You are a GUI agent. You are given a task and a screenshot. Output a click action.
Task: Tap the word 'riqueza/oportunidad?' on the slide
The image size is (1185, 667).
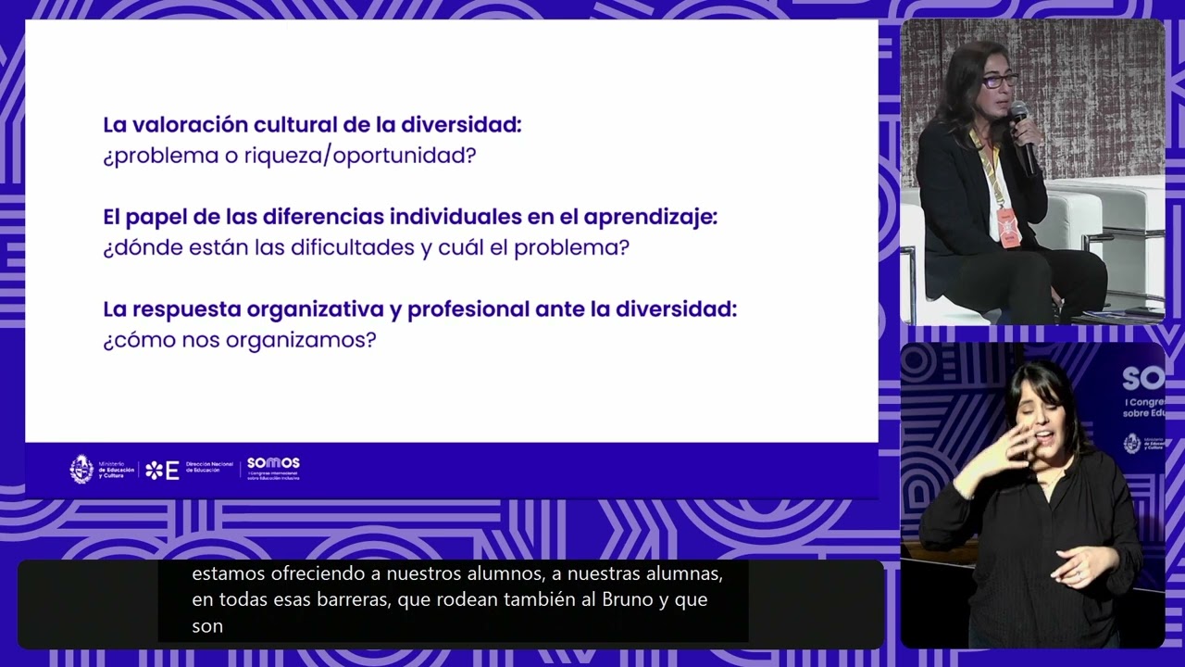360,156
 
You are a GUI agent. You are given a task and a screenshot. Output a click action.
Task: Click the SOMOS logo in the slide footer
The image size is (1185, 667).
273,468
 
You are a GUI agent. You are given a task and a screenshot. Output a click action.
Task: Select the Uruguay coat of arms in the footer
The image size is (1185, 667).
81,470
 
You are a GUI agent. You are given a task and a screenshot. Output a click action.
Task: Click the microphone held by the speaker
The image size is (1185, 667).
1022,134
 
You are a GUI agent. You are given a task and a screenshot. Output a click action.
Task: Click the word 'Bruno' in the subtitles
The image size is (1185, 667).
628,599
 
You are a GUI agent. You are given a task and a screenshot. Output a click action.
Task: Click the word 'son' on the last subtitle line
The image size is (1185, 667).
207,625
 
